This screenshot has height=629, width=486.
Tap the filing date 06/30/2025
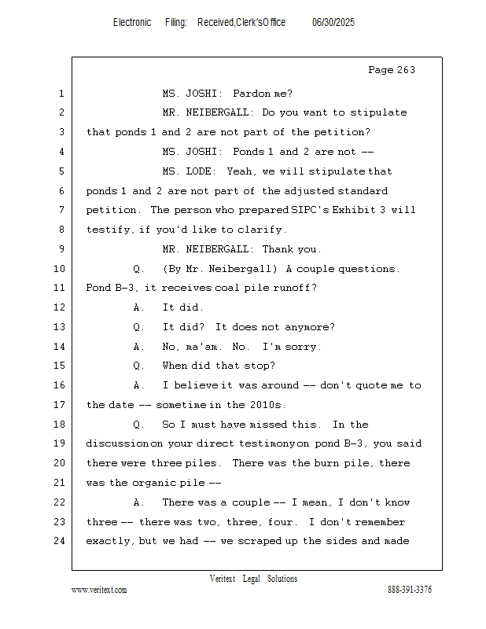click(x=333, y=23)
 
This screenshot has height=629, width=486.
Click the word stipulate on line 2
click(x=378, y=112)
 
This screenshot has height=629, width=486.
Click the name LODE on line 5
click(x=201, y=171)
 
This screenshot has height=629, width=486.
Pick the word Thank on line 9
click(x=278, y=249)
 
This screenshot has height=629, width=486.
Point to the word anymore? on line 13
click(x=309, y=327)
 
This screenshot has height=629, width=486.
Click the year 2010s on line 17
click(x=267, y=405)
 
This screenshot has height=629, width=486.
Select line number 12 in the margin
click(x=60, y=307)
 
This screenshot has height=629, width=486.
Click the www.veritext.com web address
click(x=99, y=590)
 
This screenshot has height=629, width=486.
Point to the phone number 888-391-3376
click(x=410, y=590)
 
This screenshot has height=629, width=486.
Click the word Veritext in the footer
click(x=223, y=579)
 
